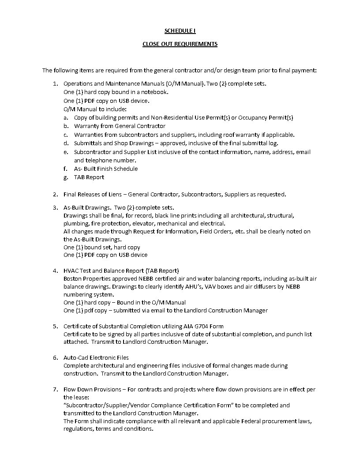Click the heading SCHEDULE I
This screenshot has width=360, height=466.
coord(180,30)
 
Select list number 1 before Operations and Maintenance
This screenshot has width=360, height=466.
coord(55,83)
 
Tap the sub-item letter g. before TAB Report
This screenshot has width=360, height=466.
coord(65,177)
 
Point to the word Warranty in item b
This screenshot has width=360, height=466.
coord(86,126)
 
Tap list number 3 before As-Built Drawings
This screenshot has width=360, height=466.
coord(55,207)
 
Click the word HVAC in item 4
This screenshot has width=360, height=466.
coord(71,271)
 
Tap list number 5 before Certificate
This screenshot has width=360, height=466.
coord(55,327)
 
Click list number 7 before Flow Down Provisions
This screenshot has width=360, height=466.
coord(55,390)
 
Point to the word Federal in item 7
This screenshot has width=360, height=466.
coord(254,421)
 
